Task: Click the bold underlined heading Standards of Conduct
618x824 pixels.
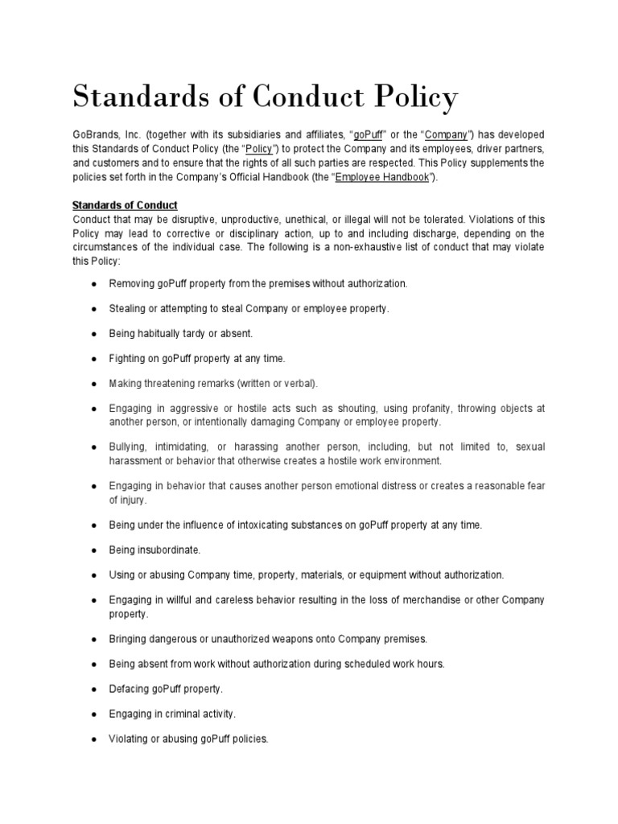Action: [x=125, y=205]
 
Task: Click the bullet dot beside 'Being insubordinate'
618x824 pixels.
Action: [x=95, y=550]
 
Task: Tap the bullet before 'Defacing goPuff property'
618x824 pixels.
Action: [x=95, y=690]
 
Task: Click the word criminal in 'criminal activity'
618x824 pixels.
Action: [x=187, y=714]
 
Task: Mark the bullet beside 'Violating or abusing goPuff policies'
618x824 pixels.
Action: [x=95, y=738]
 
